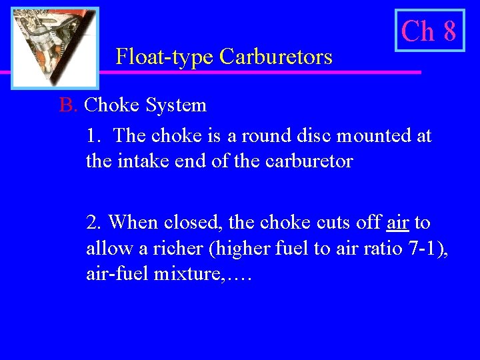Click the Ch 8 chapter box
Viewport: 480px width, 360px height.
point(429,31)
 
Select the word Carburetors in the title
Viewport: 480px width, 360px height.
point(275,57)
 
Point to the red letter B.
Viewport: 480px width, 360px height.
point(67,105)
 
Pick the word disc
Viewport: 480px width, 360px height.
point(314,136)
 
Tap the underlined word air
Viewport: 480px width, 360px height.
point(397,221)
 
